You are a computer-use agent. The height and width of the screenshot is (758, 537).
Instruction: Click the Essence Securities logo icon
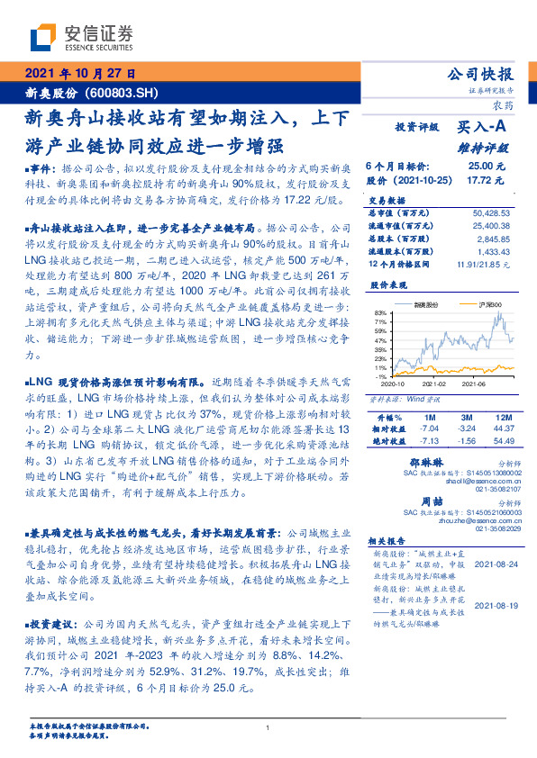(x=41, y=37)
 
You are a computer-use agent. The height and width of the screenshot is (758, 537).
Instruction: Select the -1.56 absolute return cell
(x=465, y=442)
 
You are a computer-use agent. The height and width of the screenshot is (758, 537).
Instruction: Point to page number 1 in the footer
(x=268, y=726)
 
